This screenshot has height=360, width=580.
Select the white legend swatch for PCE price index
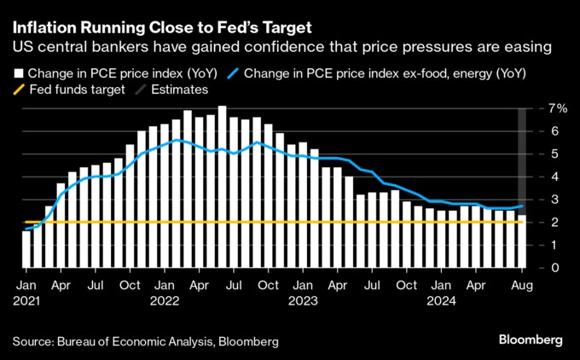pyautogui.click(x=18, y=74)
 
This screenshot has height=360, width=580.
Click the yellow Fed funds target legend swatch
pyautogui.click(x=18, y=90)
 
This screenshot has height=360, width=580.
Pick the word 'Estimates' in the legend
pyautogui.click(x=180, y=90)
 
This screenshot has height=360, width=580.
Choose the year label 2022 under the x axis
pyautogui.click(x=165, y=300)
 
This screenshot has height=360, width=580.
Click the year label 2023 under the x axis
pyautogui.click(x=302, y=300)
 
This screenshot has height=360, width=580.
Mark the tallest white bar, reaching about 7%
pyautogui.click(x=222, y=188)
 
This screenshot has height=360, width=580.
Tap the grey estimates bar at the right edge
pyautogui.click(x=521, y=162)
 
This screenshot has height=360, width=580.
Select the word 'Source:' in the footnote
pyautogui.click(x=32, y=341)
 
